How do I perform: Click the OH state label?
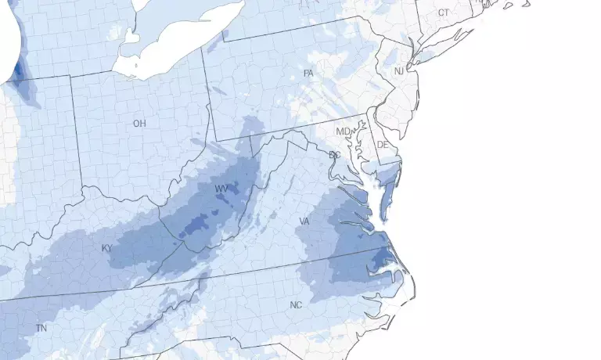[139, 124]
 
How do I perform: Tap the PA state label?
[308, 74]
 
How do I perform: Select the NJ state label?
[399, 71]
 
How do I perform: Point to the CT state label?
[444, 13]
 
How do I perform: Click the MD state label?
[343, 131]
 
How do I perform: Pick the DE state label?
[383, 146]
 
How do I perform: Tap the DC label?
[334, 155]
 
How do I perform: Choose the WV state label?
[221, 189]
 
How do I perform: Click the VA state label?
[304, 222]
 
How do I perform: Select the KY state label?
[107, 248]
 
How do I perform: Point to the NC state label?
[296, 304]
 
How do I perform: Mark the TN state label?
[41, 329]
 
